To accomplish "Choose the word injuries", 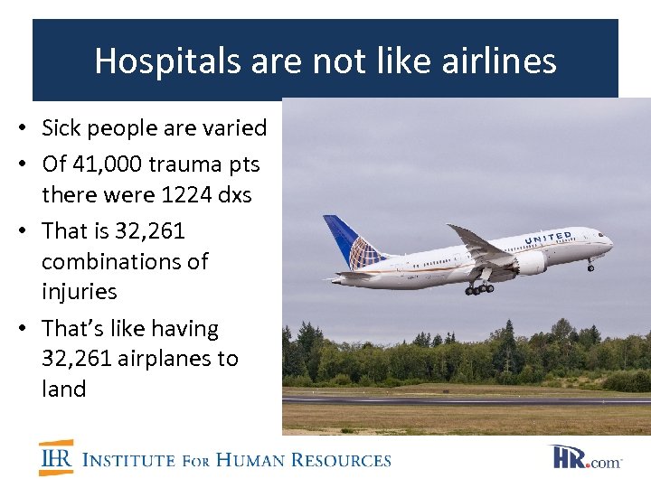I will [x=80, y=292].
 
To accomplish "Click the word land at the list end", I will [x=63, y=389].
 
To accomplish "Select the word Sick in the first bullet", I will [x=62, y=128].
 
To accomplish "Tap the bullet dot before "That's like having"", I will [x=31, y=329].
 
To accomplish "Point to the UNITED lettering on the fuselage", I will [x=548, y=238].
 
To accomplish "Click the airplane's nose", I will [x=609, y=243].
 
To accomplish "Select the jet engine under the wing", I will [x=529, y=262].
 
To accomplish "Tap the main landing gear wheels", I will [x=480, y=288].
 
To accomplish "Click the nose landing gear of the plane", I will [x=590, y=266].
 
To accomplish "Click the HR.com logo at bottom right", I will [x=587, y=457].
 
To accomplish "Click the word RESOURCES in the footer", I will [x=347, y=460].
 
